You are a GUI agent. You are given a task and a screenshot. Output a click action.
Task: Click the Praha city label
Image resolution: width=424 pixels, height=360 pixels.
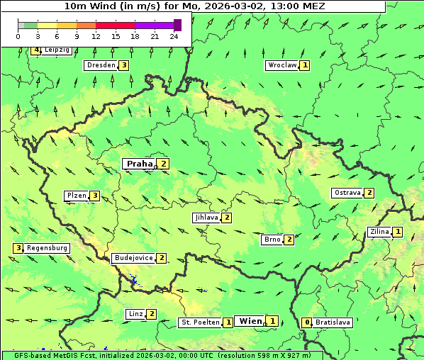[139, 164]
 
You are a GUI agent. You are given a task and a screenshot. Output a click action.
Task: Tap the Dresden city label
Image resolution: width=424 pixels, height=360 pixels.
[100, 65]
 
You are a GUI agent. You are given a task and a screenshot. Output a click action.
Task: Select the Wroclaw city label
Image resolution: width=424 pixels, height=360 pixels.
[281, 65]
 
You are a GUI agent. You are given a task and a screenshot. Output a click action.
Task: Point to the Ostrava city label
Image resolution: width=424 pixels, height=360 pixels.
[347, 193]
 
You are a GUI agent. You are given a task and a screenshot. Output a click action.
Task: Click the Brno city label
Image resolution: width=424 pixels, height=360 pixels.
[272, 240]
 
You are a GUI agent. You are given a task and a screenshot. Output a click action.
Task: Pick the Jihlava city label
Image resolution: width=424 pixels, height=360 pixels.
[206, 218]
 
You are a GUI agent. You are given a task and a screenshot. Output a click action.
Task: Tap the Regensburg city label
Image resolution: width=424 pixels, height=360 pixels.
[47, 248]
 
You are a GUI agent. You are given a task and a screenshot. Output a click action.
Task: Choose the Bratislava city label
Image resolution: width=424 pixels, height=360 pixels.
[333, 322]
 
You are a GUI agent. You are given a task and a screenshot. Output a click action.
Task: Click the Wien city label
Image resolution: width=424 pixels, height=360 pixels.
[250, 321]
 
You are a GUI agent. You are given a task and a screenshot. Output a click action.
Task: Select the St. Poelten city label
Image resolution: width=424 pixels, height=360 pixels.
[200, 322]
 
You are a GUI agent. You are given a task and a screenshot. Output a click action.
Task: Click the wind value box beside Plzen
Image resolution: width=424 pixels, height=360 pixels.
[94, 196]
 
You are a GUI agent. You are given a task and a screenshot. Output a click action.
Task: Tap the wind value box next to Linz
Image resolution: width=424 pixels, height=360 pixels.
[151, 314]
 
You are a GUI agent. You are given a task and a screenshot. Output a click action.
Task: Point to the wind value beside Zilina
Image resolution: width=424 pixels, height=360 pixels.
[398, 232]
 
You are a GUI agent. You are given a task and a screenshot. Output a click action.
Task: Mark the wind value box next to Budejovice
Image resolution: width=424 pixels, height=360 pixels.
[162, 258]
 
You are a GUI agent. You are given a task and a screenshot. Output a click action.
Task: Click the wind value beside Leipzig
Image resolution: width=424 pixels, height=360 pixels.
[36, 50]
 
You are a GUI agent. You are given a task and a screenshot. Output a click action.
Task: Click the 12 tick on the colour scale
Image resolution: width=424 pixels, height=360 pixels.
[96, 36]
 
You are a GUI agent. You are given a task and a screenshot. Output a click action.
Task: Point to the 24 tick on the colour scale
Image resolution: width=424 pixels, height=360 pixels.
[174, 36]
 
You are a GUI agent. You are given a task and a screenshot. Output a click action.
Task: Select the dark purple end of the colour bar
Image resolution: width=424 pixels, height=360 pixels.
[177, 25]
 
